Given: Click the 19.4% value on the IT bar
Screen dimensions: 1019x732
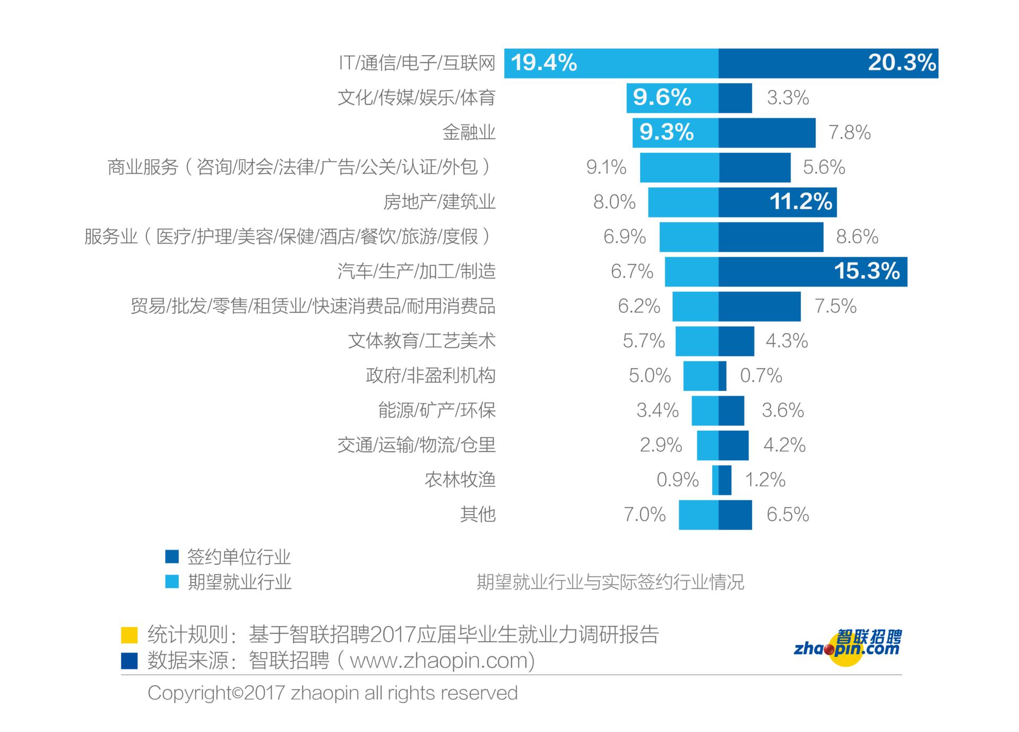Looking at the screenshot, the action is (x=544, y=63).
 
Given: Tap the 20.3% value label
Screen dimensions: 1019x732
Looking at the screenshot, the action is (x=902, y=63).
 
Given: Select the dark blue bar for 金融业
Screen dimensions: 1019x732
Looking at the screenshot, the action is (x=767, y=133).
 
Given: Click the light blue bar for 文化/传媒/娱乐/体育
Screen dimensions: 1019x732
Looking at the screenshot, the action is (x=672, y=98).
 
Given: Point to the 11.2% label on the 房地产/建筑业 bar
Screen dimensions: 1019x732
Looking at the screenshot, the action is (x=801, y=202).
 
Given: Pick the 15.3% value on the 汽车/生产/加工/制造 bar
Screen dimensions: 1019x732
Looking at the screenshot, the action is (x=867, y=272).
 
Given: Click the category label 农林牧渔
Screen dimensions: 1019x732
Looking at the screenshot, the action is (x=460, y=480).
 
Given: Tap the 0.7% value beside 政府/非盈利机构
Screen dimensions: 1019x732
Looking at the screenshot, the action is (x=761, y=376).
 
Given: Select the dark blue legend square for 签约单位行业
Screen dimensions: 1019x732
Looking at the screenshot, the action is (x=172, y=556).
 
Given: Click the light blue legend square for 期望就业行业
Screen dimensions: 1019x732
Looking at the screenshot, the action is (x=172, y=582).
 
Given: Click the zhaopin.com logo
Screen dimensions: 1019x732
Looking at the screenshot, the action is (x=848, y=647).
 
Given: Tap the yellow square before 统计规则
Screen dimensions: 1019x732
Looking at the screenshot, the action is (x=129, y=635).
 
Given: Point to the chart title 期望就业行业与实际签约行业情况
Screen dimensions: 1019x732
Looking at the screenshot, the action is (x=610, y=582).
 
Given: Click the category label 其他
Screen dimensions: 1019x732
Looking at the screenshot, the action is (x=478, y=515).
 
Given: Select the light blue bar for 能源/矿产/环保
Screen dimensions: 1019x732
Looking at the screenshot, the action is (x=705, y=411).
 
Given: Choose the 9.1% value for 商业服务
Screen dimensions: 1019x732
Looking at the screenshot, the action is (x=606, y=168).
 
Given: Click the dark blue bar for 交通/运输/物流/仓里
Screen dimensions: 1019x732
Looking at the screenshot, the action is (x=733, y=446).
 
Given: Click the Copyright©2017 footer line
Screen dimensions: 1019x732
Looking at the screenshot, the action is (x=332, y=693).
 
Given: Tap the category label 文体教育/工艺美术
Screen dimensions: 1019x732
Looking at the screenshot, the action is (x=422, y=341).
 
